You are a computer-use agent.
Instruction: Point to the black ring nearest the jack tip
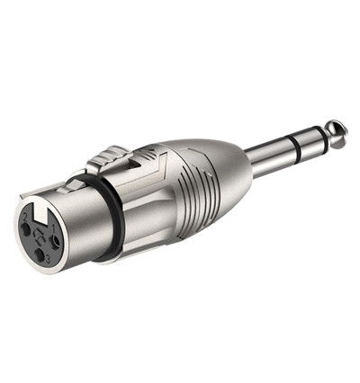pyautogui.click(x=319, y=139)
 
